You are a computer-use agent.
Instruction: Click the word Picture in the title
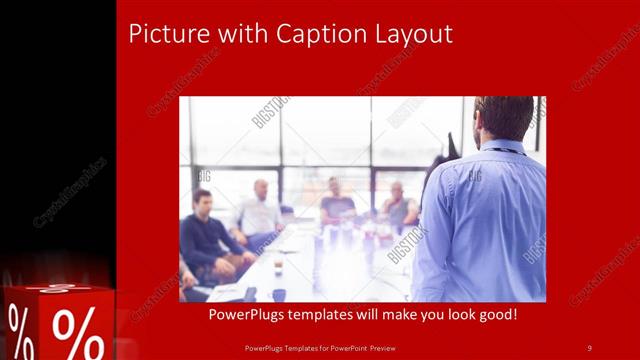click(x=163, y=34)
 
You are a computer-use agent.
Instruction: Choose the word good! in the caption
click(x=493, y=316)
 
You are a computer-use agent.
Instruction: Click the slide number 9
click(x=589, y=347)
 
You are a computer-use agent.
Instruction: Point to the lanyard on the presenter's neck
click(x=506, y=150)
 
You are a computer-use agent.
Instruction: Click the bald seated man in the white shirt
click(x=260, y=210)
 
